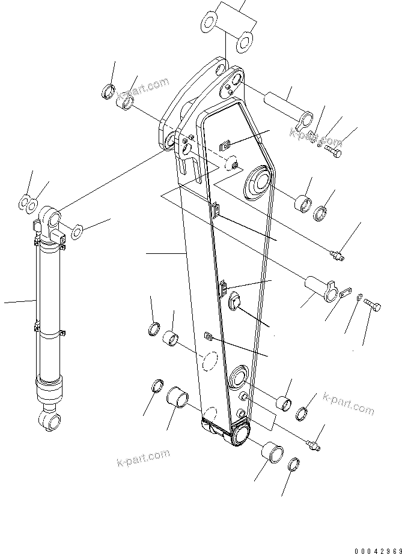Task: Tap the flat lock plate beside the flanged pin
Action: click(344, 294)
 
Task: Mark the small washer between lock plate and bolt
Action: click(359, 297)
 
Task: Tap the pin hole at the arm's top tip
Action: click(236, 80)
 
